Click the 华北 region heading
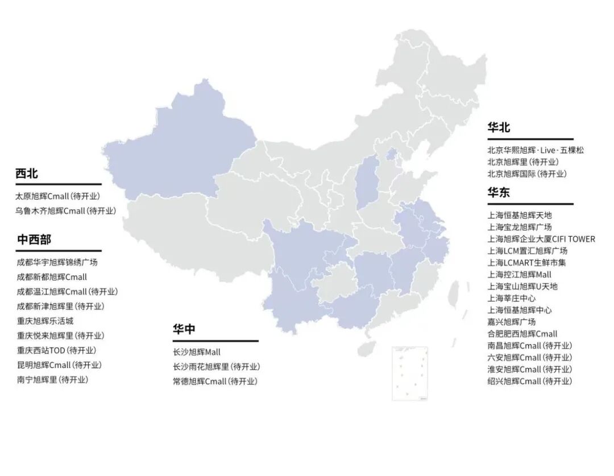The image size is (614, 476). (499, 127)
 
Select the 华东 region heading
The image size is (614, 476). (499, 193)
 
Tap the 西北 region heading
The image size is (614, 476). (27, 173)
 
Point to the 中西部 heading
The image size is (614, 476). (34, 239)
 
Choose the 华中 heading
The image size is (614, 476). (184, 329)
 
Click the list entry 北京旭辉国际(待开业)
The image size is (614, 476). (527, 174)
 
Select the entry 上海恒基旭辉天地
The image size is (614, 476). (520, 215)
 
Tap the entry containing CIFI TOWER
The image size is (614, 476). (541, 239)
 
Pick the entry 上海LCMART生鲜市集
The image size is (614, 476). (526, 262)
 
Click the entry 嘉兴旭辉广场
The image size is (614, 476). (512, 322)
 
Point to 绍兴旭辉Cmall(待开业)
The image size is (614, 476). (530, 381)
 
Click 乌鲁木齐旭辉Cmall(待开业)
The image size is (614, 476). (65, 211)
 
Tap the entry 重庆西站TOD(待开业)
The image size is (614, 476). (56, 350)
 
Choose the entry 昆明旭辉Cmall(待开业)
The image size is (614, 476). (59, 365)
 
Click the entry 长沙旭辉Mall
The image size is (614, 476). (197, 352)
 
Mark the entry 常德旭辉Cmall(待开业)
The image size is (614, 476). (215, 382)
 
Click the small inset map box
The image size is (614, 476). (410, 373)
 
